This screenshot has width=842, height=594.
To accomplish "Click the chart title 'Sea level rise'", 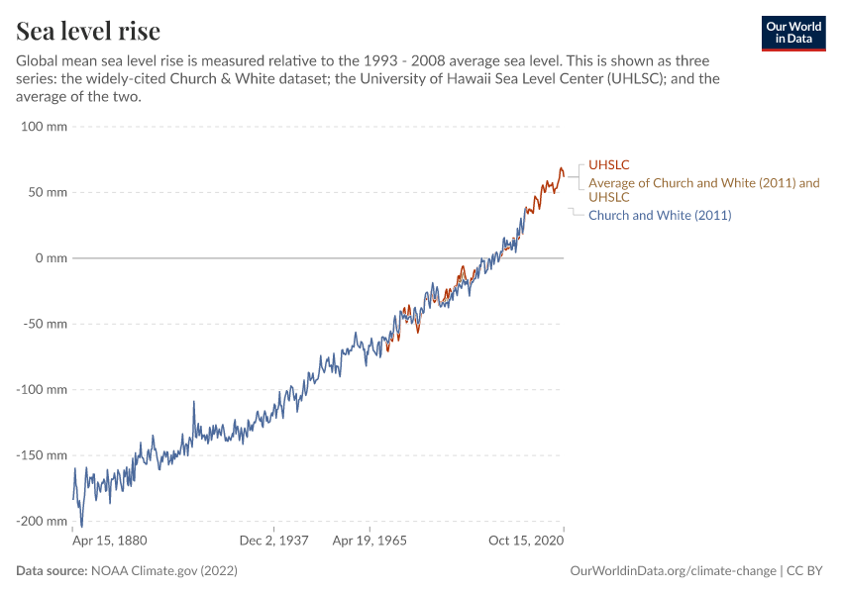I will coord(88,31).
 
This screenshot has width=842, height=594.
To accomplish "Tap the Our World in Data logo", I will coord(792,33).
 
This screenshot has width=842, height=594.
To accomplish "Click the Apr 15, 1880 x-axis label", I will coord(110,542).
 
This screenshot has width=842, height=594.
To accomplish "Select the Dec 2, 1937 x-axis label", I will coord(274,542).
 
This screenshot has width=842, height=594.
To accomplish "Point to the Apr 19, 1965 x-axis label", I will coord(369,542).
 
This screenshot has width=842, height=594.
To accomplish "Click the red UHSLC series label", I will coord(609,164).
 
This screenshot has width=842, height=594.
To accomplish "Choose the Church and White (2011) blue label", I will coord(660,215).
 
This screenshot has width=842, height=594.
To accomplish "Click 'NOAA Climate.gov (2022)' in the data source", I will coord(163,571).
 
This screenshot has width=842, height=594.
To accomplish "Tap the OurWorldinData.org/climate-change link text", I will coord(674,571).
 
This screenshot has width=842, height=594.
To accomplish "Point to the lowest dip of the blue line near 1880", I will coord(81,526).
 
